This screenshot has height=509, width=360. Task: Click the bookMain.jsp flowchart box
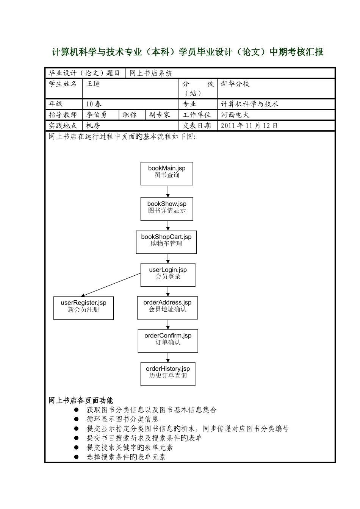pyautogui.click(x=167, y=173)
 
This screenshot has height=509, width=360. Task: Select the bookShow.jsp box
pyautogui.click(x=167, y=209)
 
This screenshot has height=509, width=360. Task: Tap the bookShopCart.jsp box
pyautogui.click(x=166, y=242)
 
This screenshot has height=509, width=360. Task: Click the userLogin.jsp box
pyautogui.click(x=168, y=275)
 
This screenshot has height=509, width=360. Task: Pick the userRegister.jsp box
pyautogui.click(x=84, y=308)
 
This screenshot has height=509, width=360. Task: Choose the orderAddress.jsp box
pyautogui.click(x=167, y=308)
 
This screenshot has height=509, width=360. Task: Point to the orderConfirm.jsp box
pyautogui.click(x=168, y=340)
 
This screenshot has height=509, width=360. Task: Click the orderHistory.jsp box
pyautogui.click(x=168, y=374)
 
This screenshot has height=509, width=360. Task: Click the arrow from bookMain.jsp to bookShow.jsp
pyautogui.click(x=168, y=191)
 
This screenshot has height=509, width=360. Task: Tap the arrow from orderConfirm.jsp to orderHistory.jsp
pyautogui.click(x=168, y=357)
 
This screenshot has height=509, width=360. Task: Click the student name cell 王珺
pyautogui.click(x=93, y=84)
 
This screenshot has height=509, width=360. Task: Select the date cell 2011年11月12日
pyautogui.click(x=249, y=126)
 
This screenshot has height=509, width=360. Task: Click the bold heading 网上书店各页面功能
pyautogui.click(x=81, y=400)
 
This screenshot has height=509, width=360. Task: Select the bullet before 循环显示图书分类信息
pyautogui.click(x=76, y=419)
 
